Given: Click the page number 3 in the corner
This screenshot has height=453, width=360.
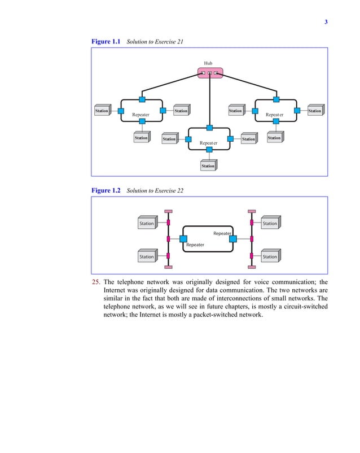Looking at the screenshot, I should click(326, 22).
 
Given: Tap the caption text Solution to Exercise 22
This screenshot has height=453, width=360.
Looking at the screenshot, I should click(155, 191).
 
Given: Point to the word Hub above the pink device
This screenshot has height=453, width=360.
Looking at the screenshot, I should click(208, 63).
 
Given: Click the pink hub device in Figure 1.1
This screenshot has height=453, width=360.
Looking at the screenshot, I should click(210, 73).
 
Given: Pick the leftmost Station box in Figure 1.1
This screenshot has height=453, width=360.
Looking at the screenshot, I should click(102, 111).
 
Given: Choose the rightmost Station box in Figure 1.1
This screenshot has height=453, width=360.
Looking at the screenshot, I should click(315, 111).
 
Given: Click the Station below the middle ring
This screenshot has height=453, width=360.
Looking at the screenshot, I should click(208, 165).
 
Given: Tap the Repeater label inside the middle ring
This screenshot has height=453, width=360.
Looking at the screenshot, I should click(208, 143).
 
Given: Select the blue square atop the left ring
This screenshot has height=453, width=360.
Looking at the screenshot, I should click(142, 99).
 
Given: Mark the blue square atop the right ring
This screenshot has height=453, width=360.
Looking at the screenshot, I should click(276, 99).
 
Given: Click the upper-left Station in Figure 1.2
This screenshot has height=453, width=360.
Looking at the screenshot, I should click(147, 224).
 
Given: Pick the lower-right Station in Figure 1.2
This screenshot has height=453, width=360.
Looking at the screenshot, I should click(270, 256).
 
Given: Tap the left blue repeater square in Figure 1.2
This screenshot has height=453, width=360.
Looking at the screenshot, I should click(183, 239).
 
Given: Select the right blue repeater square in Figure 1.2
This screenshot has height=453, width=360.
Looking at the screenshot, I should click(232, 239).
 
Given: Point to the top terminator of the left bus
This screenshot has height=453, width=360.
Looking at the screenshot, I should click(168, 212).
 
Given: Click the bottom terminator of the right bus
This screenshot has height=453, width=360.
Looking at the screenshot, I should click(252, 266).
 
